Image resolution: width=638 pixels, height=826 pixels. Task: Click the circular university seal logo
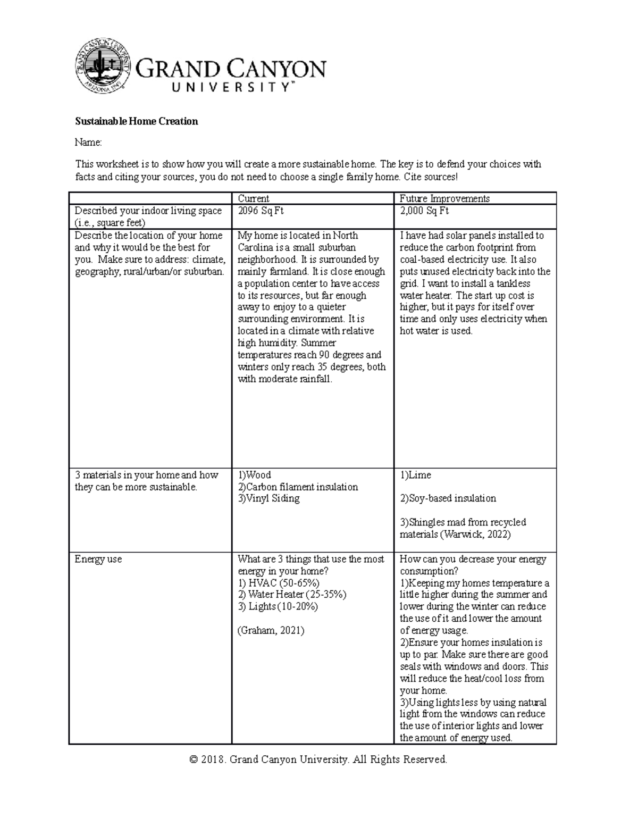click(103, 66)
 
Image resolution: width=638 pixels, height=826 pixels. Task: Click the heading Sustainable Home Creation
click(136, 121)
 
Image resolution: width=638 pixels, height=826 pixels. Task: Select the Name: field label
click(88, 142)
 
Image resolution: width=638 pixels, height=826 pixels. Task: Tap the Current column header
click(254, 198)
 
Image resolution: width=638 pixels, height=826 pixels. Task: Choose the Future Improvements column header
click(444, 198)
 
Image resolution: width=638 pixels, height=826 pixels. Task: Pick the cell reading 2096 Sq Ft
click(261, 211)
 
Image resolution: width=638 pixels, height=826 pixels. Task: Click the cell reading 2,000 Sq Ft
click(424, 211)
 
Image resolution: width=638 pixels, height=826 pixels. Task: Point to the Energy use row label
click(98, 559)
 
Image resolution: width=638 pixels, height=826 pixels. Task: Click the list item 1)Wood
click(254, 475)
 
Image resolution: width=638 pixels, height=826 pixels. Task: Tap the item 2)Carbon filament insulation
click(298, 487)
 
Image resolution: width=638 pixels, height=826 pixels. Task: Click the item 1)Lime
click(415, 475)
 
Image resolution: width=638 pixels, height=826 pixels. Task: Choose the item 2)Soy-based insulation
click(448, 498)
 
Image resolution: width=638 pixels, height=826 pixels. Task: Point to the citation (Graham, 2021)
click(271, 630)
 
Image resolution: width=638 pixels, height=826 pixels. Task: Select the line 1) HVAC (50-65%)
click(279, 583)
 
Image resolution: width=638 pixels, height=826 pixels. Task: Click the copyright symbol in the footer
click(194, 760)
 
